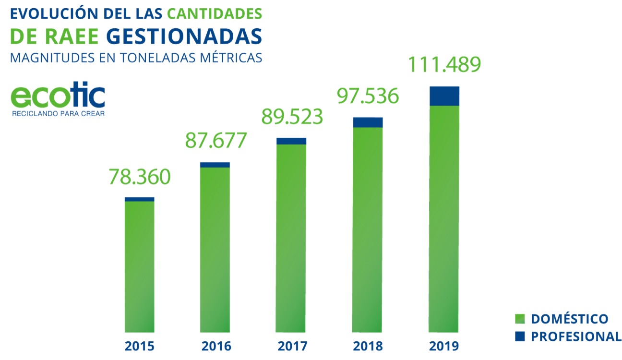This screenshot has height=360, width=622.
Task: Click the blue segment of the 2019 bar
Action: (x=444, y=96)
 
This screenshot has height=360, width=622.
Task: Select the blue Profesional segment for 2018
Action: (x=368, y=122)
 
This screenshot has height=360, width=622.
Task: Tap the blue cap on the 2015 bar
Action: (x=139, y=199)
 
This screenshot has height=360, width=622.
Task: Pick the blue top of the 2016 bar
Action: (x=215, y=165)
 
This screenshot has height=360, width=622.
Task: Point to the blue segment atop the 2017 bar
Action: (x=291, y=141)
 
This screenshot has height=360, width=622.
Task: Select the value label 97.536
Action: (x=368, y=96)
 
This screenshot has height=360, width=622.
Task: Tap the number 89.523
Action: (x=292, y=117)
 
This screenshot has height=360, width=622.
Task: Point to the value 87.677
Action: (x=216, y=140)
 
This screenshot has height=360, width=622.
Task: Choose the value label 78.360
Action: (x=140, y=177)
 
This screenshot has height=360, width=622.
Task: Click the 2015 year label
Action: (x=139, y=346)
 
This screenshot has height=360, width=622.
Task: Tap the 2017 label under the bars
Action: (x=291, y=346)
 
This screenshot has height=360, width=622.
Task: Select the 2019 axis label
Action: (x=444, y=346)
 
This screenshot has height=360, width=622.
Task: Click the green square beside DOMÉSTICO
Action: (x=519, y=319)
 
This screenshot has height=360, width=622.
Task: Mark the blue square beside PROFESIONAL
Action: (x=519, y=336)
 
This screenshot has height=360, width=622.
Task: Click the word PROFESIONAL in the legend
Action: (x=576, y=336)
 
